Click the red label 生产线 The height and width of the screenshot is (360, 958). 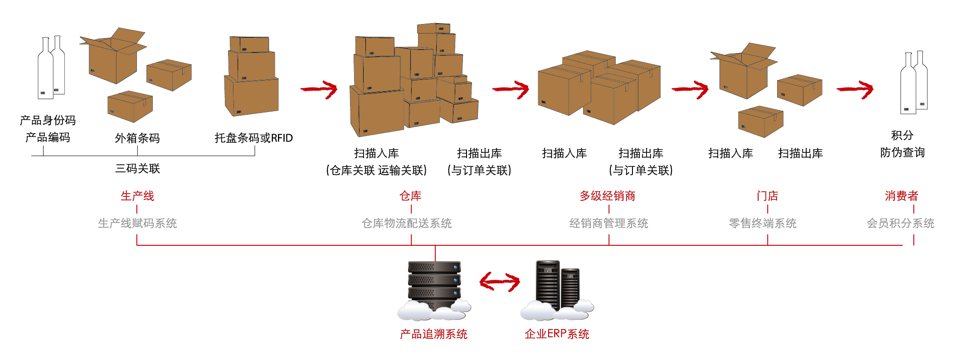pyautogui.click(x=137, y=196)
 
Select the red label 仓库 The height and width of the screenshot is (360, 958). pyautogui.click(x=410, y=196)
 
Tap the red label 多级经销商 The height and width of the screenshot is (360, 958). pyautogui.click(x=608, y=196)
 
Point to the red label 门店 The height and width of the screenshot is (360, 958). pyautogui.click(x=767, y=196)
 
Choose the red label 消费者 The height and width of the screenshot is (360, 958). pyautogui.click(x=901, y=196)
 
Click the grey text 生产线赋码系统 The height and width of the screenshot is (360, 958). pyautogui.click(x=137, y=223)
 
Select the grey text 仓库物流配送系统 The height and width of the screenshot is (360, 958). pyautogui.click(x=407, y=223)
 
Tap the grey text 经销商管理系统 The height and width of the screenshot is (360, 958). pyautogui.click(x=608, y=223)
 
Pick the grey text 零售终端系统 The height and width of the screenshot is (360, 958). pyautogui.click(x=763, y=223)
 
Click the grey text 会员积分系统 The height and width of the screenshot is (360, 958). pyautogui.click(x=900, y=223)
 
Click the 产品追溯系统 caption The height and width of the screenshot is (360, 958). pyautogui.click(x=433, y=334)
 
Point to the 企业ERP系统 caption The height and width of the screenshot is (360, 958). pyautogui.click(x=557, y=334)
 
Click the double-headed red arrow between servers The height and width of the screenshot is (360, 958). pyautogui.click(x=500, y=282)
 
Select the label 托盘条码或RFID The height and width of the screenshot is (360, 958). pyautogui.click(x=253, y=138)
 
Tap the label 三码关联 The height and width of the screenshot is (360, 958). pyautogui.click(x=137, y=169)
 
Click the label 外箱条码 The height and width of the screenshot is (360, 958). pyautogui.click(x=137, y=138)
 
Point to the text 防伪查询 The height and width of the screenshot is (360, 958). pyautogui.click(x=902, y=152)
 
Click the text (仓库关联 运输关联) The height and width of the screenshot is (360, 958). pyautogui.click(x=376, y=170)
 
